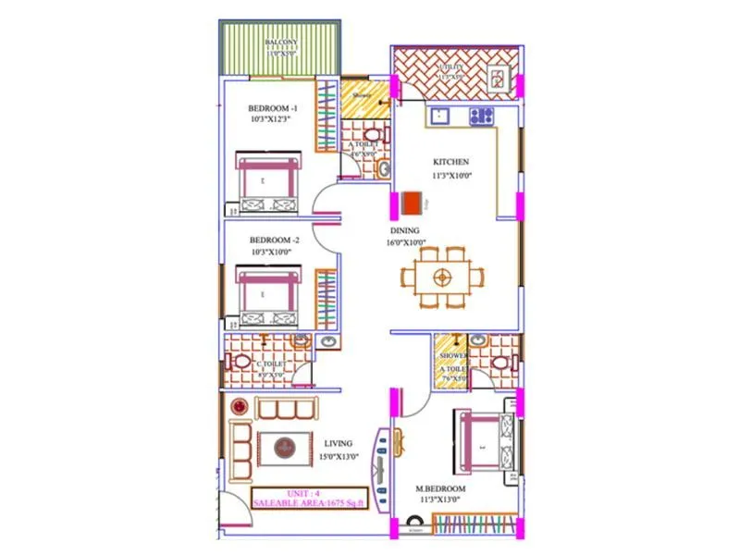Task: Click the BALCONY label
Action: (x=280, y=43)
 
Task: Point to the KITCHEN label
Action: (x=450, y=162)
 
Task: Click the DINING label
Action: (x=404, y=230)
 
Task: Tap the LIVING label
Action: (x=339, y=444)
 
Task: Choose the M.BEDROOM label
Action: (x=439, y=488)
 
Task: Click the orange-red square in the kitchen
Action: (x=411, y=201)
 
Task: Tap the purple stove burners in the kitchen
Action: (x=481, y=117)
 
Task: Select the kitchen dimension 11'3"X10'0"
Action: (x=450, y=174)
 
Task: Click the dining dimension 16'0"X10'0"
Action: (x=404, y=242)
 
